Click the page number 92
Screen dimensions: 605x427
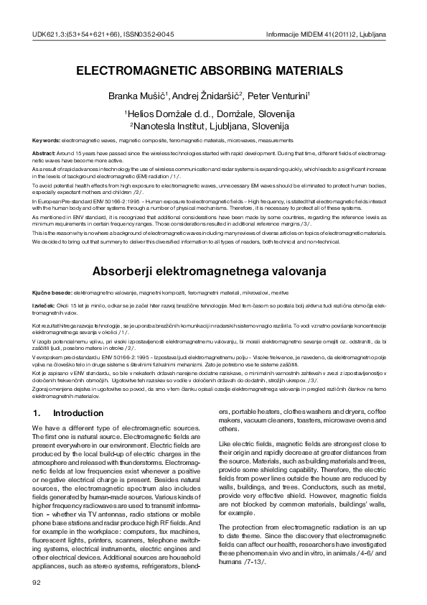point(38,581)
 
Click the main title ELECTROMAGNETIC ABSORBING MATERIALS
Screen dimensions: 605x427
point(210,72)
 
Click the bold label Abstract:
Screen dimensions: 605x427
point(44,154)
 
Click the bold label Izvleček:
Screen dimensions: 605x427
point(46,306)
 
